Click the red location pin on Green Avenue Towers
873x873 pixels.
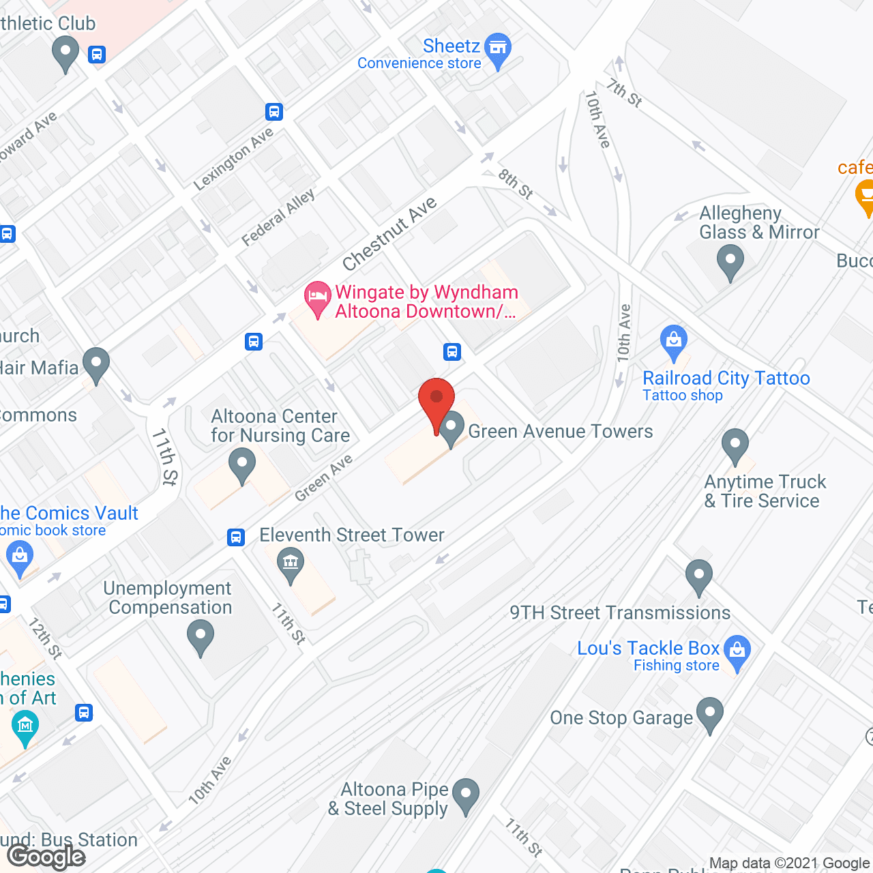pyautogui.click(x=436, y=399)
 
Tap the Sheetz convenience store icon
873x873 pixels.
pyautogui.click(x=498, y=48)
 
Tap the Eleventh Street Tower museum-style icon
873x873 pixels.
pyautogui.click(x=291, y=564)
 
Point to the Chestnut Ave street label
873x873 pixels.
pyautogui.click(x=389, y=234)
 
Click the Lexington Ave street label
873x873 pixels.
pyautogui.click(x=233, y=159)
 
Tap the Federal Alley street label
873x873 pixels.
pyautogui.click(x=278, y=217)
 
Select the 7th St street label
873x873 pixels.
pyautogui.click(x=625, y=93)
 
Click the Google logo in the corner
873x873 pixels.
pyautogui.click(x=46, y=857)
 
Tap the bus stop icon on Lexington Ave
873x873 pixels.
pyautogui.click(x=274, y=111)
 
